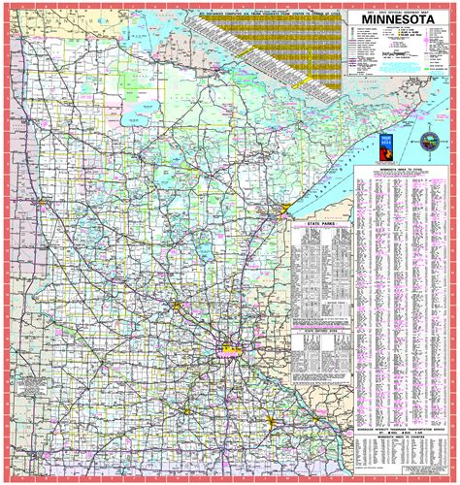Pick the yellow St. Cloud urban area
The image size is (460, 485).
181,307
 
